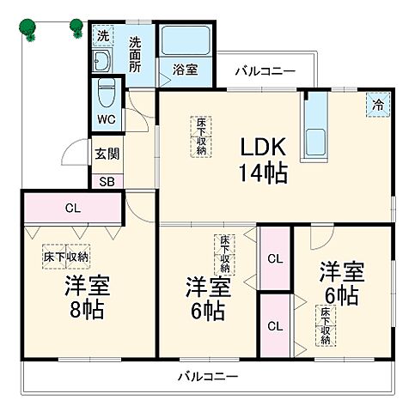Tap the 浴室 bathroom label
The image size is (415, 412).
(x=184, y=70)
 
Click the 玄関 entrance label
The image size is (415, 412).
(x=107, y=156)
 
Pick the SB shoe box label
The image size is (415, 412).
(x=107, y=181)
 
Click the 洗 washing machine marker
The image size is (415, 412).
(x=102, y=36)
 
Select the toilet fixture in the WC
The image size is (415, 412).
(x=107, y=92)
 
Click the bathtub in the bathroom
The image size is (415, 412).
(x=184, y=42)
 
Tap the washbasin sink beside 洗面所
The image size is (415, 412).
(x=101, y=62)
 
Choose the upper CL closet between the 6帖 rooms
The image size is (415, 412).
(x=275, y=258)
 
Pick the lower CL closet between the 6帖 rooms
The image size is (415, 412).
(x=275, y=325)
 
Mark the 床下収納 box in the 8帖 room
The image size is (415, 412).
(x=67, y=256)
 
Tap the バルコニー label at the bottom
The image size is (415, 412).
(x=208, y=376)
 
